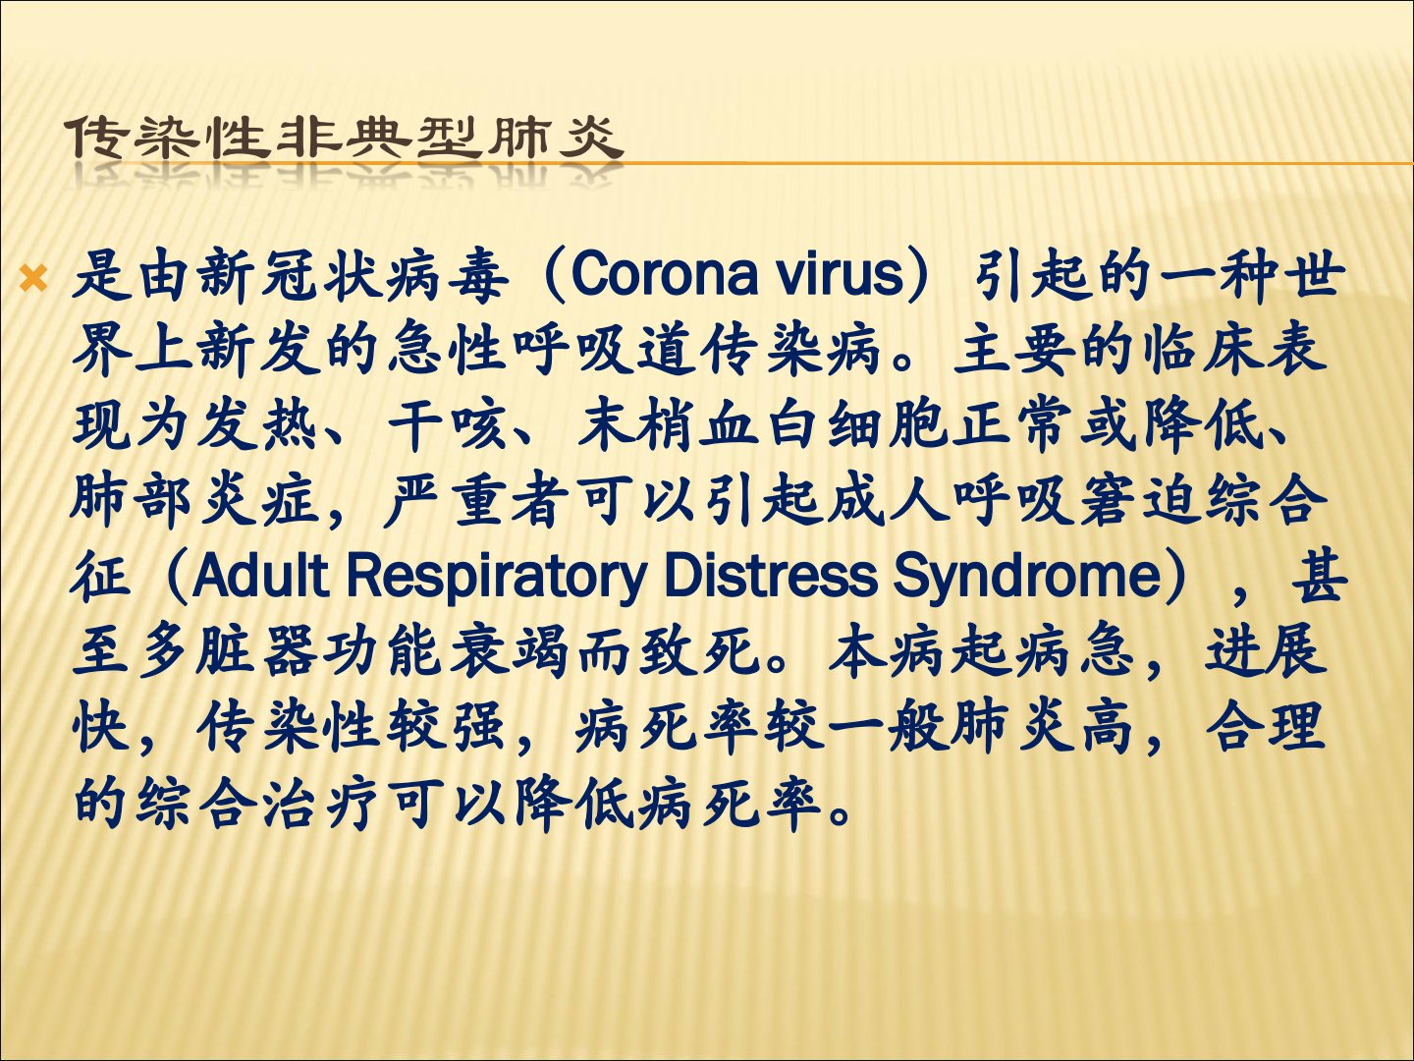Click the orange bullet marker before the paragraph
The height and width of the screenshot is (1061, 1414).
coord(33,278)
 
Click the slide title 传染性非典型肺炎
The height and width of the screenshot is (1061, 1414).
coord(345,138)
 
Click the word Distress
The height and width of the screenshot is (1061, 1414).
coord(770,575)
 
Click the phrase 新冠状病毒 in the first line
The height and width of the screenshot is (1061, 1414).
coord(353,277)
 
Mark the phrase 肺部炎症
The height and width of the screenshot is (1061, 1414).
coord(195,501)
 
